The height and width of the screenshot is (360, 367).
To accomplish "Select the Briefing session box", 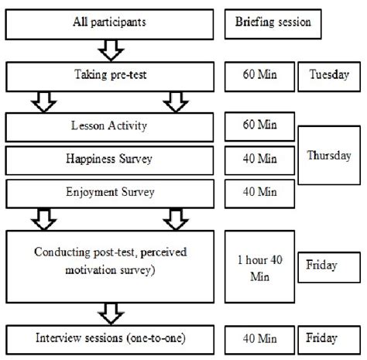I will (273, 22).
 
